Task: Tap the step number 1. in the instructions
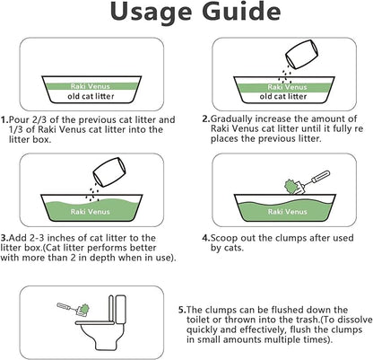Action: coord(5,119)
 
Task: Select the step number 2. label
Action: coord(206,118)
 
